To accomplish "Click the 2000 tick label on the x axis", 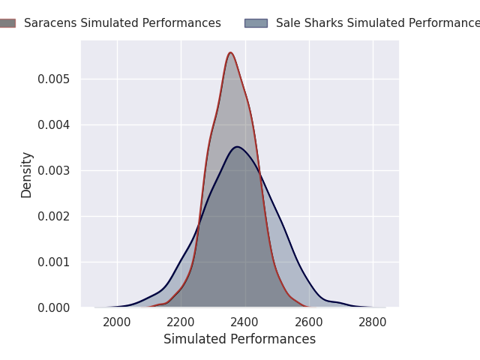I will pos(117,322).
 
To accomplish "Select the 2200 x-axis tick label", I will pos(181,322).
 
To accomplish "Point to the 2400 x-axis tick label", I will pos(245,322).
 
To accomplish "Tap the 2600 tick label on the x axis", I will pos(309,322).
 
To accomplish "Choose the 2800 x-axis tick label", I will pos(373,322).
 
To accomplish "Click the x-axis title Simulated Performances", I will pos(240,340).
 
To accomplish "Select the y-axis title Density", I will pos(27,174).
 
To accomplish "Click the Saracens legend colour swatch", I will pos(6,23).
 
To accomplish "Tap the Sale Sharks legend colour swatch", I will pos(256,23).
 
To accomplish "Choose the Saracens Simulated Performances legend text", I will pos(122,23).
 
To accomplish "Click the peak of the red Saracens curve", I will pos(230,52).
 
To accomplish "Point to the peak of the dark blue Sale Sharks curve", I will pos(237,146).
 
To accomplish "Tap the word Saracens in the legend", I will pos(48,23).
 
